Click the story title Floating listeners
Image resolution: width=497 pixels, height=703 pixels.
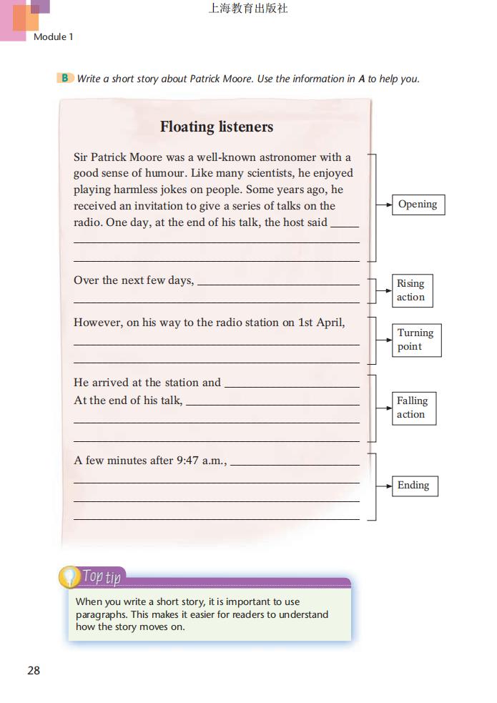(x=216, y=127)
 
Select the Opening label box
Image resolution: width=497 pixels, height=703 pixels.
(x=418, y=205)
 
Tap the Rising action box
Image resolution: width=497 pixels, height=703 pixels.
(x=411, y=290)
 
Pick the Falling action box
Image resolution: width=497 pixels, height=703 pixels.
(x=413, y=408)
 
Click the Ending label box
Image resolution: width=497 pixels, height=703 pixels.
(x=413, y=486)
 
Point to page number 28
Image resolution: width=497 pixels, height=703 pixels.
(x=34, y=670)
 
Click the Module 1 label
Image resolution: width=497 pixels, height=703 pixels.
(x=54, y=36)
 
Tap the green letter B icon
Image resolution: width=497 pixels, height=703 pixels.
(x=65, y=78)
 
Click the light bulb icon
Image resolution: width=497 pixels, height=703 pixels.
(x=69, y=576)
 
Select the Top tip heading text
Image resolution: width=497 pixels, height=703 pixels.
(x=102, y=576)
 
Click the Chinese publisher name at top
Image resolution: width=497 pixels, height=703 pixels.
(x=248, y=9)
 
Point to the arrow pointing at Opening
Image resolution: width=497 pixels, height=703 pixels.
(x=384, y=205)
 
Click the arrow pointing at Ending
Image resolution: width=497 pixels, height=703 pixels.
(x=384, y=486)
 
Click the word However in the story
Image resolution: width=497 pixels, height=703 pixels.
(x=97, y=323)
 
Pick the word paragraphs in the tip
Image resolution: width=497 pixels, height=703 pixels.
(x=102, y=614)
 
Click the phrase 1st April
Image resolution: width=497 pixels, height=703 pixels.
(x=321, y=323)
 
